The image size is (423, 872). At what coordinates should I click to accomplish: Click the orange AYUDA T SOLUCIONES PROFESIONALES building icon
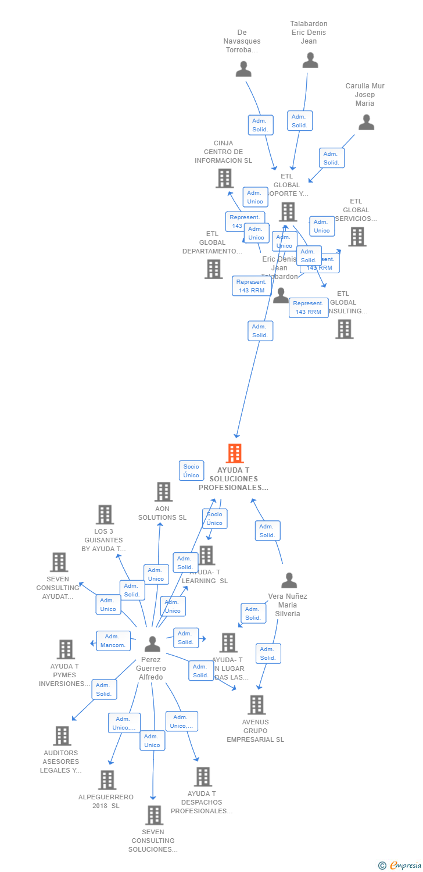235,453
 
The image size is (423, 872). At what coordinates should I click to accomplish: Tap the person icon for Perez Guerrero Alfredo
152,644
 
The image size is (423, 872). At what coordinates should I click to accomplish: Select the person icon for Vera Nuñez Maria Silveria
289,580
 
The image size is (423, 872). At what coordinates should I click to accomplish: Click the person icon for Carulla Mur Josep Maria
366,122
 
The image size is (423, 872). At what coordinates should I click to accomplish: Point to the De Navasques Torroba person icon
243,69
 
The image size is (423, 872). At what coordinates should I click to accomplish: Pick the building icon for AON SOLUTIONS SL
163,492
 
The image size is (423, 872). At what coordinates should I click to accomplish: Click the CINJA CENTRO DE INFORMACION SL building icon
224,178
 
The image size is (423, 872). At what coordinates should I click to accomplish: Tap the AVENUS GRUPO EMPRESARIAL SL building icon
256,705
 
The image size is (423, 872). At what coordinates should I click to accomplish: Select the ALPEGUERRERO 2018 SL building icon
107,780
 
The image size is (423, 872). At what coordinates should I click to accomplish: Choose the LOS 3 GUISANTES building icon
105,514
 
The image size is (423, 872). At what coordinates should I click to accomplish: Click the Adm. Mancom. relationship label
113,641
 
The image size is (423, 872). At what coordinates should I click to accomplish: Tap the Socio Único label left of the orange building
191,471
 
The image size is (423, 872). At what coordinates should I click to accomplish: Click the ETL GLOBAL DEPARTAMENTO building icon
214,269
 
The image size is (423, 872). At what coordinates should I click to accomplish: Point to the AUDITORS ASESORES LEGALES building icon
62,735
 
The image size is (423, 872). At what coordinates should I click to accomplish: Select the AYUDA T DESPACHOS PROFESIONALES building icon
203,776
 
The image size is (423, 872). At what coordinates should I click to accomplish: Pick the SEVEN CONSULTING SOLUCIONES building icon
154,814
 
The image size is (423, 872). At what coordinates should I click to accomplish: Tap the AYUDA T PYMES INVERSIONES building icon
66,649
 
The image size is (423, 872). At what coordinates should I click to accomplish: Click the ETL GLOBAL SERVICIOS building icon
357,237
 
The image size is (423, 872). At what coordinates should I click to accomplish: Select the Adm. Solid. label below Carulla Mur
332,158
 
